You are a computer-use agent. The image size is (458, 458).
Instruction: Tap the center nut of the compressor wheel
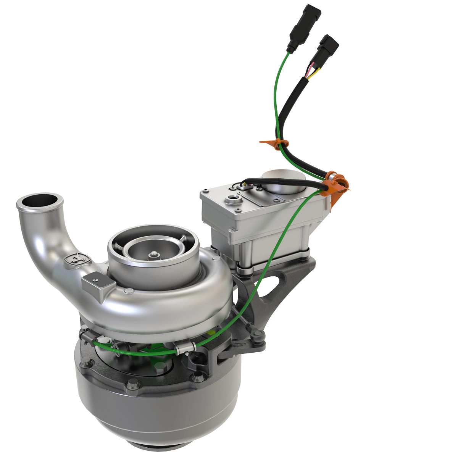coord(153,255)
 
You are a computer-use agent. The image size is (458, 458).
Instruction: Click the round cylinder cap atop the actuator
coord(284,179)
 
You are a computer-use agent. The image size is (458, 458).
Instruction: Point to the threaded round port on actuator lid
coord(232,199)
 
